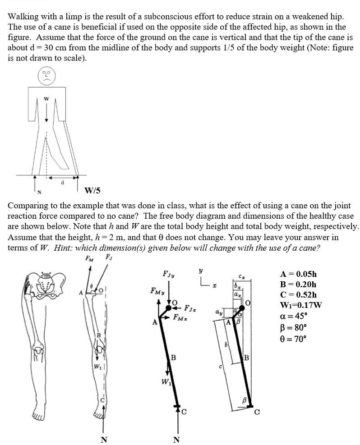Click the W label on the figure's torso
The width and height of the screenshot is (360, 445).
coord(46,99)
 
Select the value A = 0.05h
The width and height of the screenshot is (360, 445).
coord(298,274)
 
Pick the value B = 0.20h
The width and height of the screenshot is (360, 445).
coord(298,284)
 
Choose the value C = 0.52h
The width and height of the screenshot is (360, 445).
coord(298,294)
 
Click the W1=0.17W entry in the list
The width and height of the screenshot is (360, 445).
coord(301,305)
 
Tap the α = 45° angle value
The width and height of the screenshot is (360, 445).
coord(293,316)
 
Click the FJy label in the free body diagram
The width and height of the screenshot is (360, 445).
coord(169,274)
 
